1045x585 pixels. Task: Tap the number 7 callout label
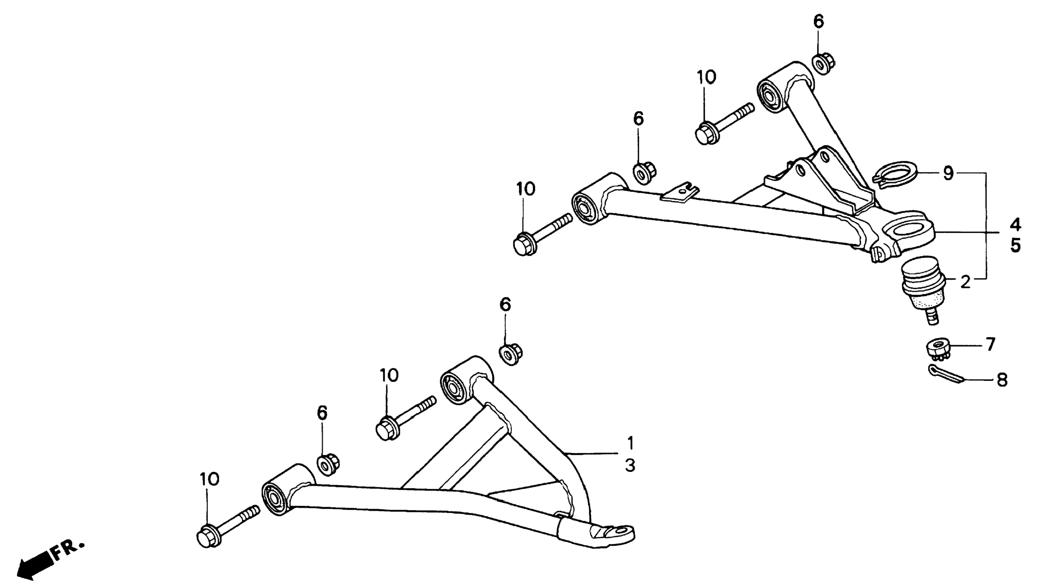tap(990, 344)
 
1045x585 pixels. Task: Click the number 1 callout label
tap(630, 442)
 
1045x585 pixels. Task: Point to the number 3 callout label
tap(630, 466)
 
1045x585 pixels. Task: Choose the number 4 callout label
tap(1016, 224)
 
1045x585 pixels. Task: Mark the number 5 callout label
tap(1016, 245)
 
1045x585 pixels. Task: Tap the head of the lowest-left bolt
tap(208, 537)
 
